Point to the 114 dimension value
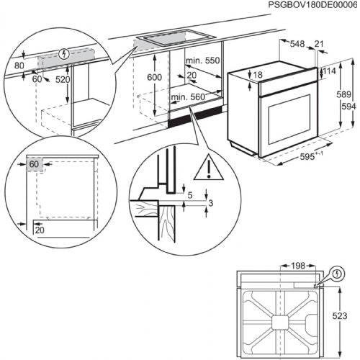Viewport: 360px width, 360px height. click(x=330, y=72)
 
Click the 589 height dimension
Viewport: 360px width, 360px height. click(x=346, y=94)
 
